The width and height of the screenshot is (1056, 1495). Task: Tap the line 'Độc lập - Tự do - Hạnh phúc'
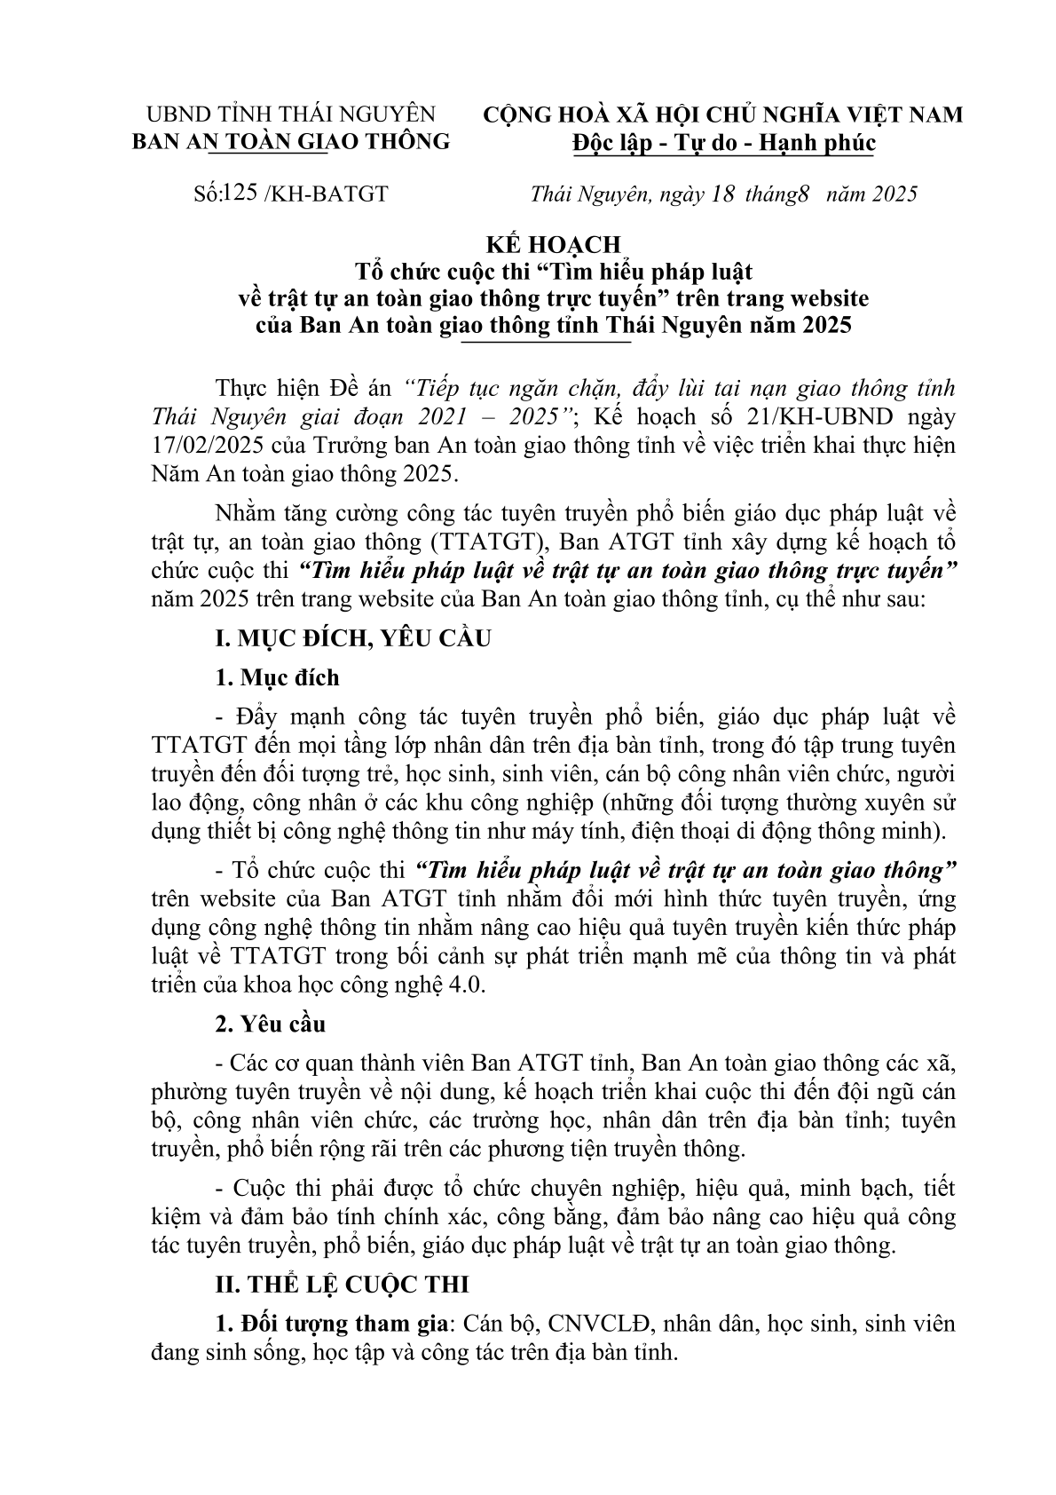(723, 142)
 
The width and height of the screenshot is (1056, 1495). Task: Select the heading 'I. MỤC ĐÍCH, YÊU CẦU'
(353, 637)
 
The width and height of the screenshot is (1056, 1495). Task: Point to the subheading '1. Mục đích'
(278, 677)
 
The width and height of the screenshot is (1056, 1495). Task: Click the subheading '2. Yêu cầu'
(271, 1024)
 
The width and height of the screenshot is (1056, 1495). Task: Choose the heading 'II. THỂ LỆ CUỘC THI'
(343, 1284)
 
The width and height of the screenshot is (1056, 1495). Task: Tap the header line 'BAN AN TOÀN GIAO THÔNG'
(291, 141)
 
